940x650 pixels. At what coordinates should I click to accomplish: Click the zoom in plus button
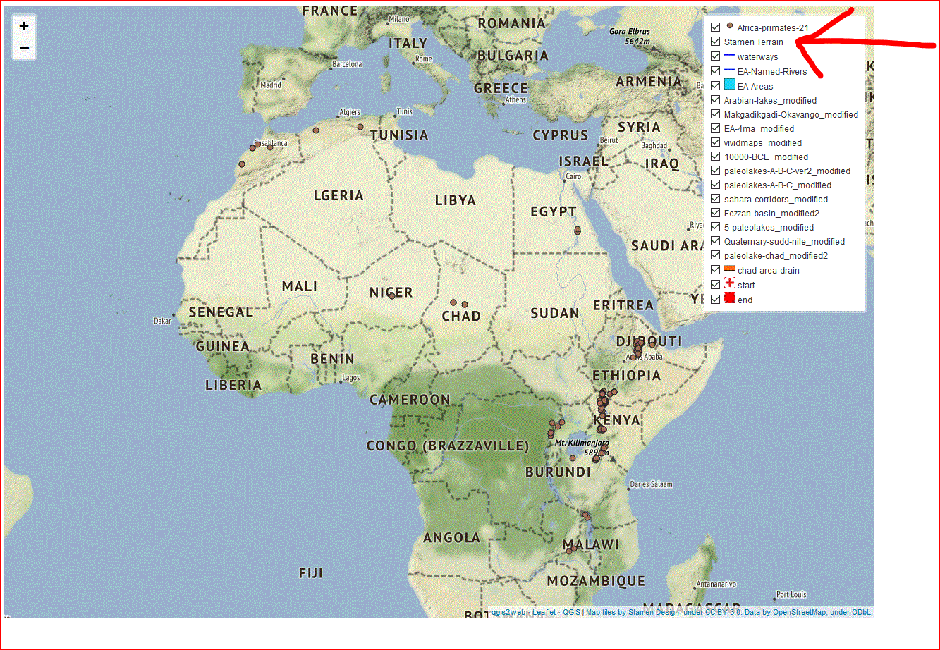[x=24, y=27]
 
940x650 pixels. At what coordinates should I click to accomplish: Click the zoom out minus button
[x=24, y=48]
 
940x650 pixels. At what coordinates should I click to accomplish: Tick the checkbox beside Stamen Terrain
[x=716, y=42]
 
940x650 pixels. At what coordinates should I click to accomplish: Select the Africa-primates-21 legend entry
[x=772, y=28]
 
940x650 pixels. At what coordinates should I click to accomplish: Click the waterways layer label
[x=757, y=57]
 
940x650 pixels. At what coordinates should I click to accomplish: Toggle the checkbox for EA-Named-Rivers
[x=716, y=71]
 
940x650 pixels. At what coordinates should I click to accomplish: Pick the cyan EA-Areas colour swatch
[x=730, y=85]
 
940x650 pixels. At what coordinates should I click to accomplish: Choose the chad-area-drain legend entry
[x=768, y=271]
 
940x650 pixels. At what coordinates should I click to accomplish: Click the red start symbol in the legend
[x=730, y=284]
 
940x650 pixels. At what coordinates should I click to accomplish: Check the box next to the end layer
[x=716, y=300]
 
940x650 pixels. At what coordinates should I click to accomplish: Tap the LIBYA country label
[x=456, y=201]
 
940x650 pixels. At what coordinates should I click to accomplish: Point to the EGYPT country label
[x=554, y=211]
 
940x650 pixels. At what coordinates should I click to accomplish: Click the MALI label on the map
[x=300, y=287]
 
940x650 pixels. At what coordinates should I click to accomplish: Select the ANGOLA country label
[x=451, y=538]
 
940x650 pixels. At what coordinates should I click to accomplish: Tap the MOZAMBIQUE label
[x=596, y=581]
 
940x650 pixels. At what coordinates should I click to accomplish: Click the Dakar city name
[x=162, y=321]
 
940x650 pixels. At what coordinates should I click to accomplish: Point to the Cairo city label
[x=573, y=176]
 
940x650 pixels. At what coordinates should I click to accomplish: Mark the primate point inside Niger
[x=392, y=296]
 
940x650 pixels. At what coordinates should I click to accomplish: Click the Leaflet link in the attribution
[x=544, y=612]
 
